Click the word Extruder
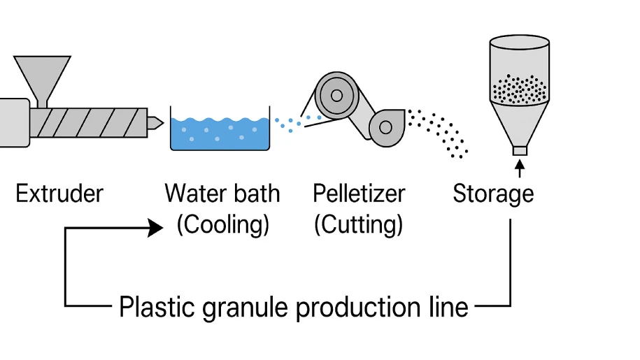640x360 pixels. [x=59, y=193]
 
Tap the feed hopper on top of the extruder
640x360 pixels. [x=42, y=74]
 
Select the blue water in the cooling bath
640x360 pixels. [x=220, y=136]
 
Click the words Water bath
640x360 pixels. [x=222, y=193]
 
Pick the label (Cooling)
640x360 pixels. [x=222, y=224]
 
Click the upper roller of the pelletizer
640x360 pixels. [x=336, y=95]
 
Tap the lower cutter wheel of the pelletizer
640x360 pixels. [x=385, y=127]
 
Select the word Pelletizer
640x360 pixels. [x=359, y=193]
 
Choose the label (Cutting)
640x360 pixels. [x=358, y=224]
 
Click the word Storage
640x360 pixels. [x=493, y=193]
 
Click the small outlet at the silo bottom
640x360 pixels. [x=519, y=150]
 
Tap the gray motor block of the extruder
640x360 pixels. [x=14, y=123]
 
